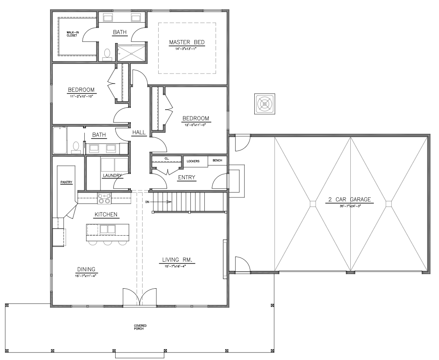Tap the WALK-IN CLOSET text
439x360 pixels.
click(72, 34)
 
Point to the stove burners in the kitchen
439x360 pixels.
click(104, 199)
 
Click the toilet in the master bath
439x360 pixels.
click(107, 54)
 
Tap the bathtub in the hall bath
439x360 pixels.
click(60, 140)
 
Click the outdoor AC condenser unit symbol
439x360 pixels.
click(264, 104)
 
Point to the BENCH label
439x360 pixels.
click(217, 160)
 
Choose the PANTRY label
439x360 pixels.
click(66, 182)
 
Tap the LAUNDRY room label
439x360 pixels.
click(111, 176)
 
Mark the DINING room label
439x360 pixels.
click(86, 269)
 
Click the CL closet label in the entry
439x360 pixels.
click(166, 159)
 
